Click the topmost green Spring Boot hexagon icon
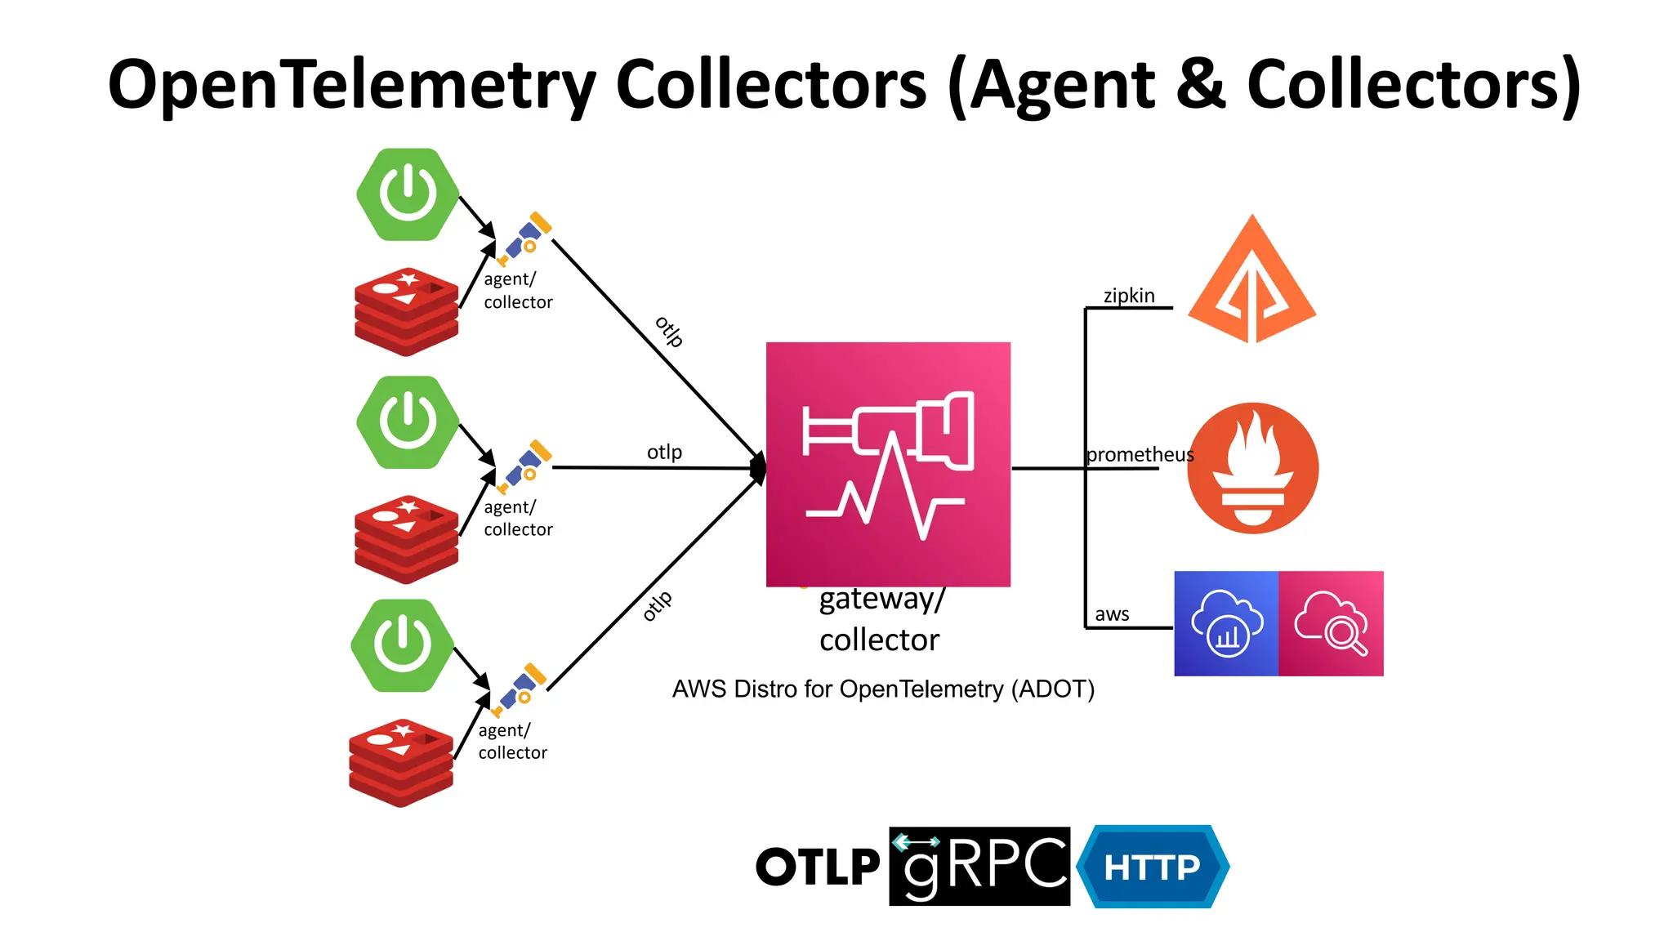click(x=408, y=194)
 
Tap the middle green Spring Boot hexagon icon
click(x=408, y=422)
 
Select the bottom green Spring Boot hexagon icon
click(x=402, y=645)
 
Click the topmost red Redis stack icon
click(x=406, y=311)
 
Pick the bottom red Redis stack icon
click(x=400, y=763)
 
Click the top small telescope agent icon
click(x=524, y=239)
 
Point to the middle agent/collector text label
click(x=518, y=518)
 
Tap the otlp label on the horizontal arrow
click(x=664, y=452)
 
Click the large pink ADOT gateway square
click(x=888, y=464)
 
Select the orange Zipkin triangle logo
click(x=1251, y=282)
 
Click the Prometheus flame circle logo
click(x=1252, y=468)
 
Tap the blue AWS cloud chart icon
click(x=1226, y=623)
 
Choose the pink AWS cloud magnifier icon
click(x=1331, y=623)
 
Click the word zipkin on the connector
click(x=1129, y=296)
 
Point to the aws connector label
click(x=1112, y=614)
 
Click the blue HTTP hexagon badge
click(x=1152, y=867)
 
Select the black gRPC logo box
click(x=979, y=866)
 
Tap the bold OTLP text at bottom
click(x=818, y=867)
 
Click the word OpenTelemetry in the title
click(x=352, y=85)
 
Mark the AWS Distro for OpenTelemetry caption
click(x=883, y=689)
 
